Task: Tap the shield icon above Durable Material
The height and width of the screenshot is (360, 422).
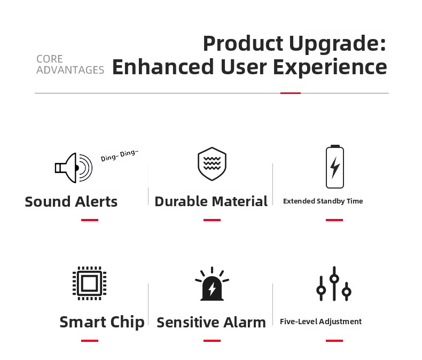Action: (212, 163)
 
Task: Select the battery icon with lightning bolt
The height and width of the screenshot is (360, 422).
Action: (335, 167)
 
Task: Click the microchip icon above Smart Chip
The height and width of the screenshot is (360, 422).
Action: (90, 283)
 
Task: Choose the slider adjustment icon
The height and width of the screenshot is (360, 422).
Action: (334, 284)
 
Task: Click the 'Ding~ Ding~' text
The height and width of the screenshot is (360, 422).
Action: (120, 155)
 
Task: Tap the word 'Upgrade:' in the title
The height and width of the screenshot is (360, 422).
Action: (338, 44)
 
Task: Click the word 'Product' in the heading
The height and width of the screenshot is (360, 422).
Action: (243, 43)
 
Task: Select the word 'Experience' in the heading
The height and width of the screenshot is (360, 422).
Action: (330, 67)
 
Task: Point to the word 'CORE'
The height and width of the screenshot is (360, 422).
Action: (50, 59)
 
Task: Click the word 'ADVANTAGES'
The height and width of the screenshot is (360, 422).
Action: (70, 70)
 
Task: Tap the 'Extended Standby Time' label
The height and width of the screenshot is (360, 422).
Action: (323, 201)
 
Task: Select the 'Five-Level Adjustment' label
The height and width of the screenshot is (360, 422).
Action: (321, 322)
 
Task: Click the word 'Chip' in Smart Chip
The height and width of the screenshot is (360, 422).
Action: (127, 322)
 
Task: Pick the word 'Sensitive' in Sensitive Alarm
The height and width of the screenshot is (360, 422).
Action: (186, 322)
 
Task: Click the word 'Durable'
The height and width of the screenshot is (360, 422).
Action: (180, 201)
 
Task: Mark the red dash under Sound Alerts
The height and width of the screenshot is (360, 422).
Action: (90, 220)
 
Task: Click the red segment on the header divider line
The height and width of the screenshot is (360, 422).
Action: (291, 93)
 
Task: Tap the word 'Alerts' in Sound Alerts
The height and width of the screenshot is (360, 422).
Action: (96, 201)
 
